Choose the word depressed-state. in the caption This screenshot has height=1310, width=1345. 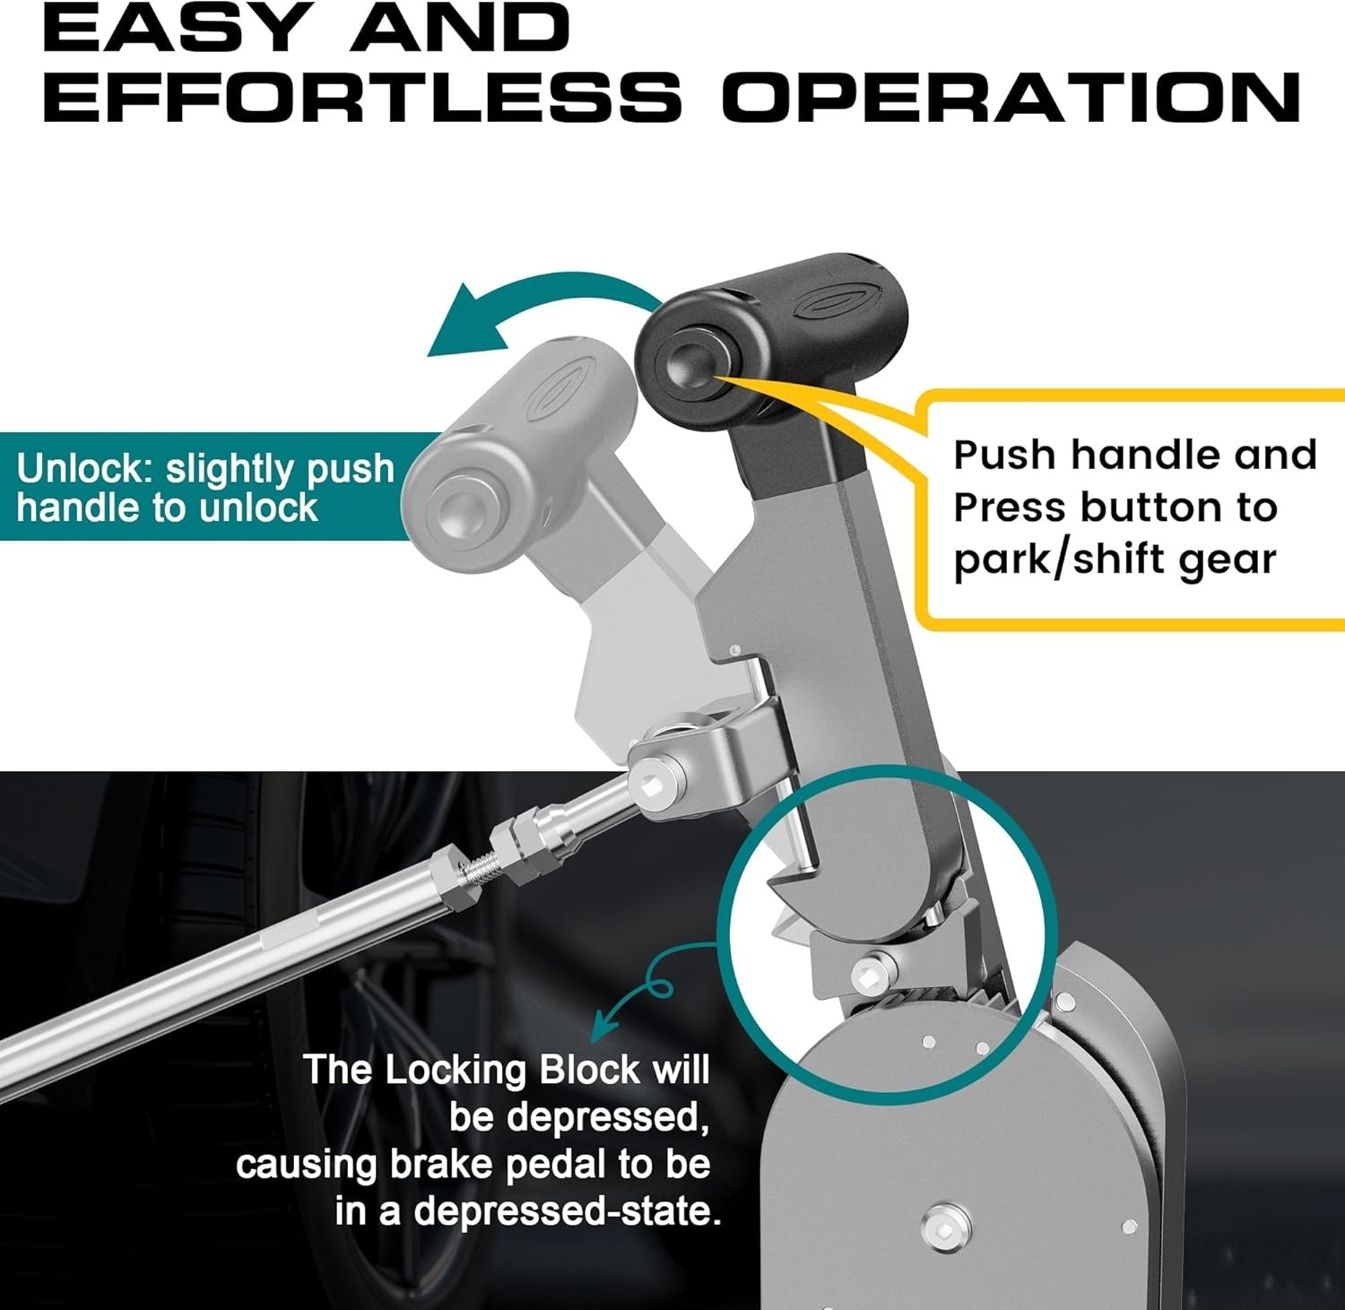[x=568, y=1211]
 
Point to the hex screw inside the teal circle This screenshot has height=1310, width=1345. [x=866, y=969]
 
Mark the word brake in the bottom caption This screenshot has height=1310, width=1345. [x=438, y=1164]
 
